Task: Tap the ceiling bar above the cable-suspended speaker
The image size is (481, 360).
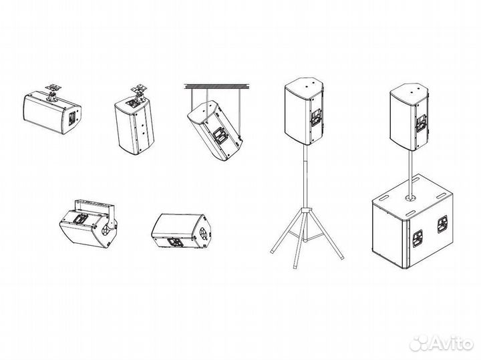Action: (x=217, y=86)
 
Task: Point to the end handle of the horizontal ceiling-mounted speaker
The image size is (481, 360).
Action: (x=71, y=118)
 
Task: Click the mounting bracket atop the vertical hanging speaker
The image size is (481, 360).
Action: (x=139, y=89)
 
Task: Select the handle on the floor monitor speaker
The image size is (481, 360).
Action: (x=176, y=242)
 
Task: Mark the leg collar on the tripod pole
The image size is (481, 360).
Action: (x=305, y=210)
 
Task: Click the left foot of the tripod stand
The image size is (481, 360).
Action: (x=273, y=250)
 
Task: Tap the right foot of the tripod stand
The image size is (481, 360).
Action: (x=341, y=256)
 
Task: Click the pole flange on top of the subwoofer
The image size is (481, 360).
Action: (x=410, y=199)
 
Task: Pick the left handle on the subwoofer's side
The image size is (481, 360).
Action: (x=418, y=238)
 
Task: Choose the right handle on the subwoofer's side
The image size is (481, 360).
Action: (x=442, y=224)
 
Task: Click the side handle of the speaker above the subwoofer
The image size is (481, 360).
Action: (x=422, y=123)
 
